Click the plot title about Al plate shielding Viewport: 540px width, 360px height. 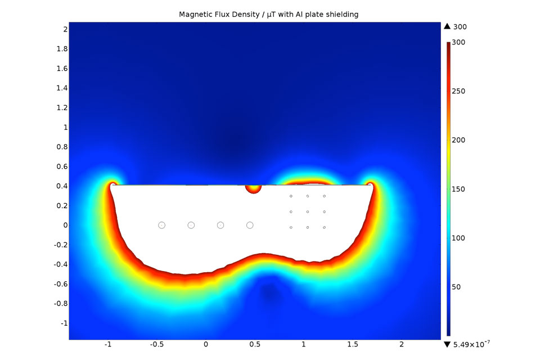268,14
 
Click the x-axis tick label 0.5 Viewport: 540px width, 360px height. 254,344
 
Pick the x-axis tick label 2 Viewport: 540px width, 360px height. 402,344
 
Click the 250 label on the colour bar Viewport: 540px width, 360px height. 458,91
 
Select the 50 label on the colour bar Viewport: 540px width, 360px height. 456,287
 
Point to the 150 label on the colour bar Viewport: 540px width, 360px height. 458,189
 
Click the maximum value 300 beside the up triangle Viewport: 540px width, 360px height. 460,26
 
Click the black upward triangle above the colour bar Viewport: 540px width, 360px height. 447,26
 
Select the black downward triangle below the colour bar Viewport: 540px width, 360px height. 447,344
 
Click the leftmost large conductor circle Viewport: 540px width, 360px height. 161,225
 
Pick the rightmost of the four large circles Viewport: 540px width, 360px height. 250,225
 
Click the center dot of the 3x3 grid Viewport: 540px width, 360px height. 308,211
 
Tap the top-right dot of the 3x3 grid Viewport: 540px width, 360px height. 325,196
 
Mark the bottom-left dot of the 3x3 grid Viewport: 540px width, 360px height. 291,227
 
